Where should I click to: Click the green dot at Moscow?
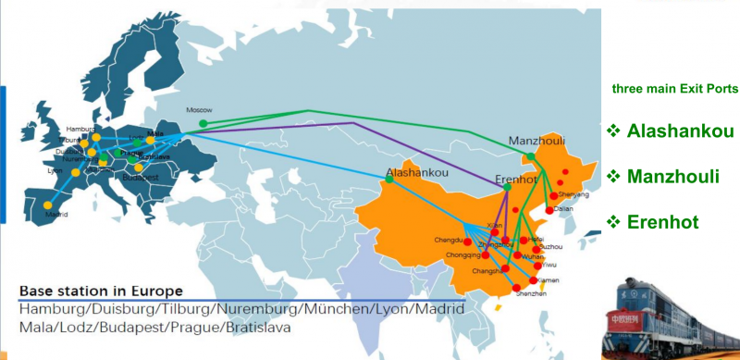[x=203, y=123]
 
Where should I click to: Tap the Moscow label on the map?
[x=199, y=108]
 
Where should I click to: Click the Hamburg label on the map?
[x=81, y=129]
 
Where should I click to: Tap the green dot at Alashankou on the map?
[x=389, y=179]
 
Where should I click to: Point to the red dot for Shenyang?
[x=554, y=196]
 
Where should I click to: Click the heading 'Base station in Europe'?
[x=101, y=292]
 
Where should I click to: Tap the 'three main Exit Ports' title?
[x=675, y=90]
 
